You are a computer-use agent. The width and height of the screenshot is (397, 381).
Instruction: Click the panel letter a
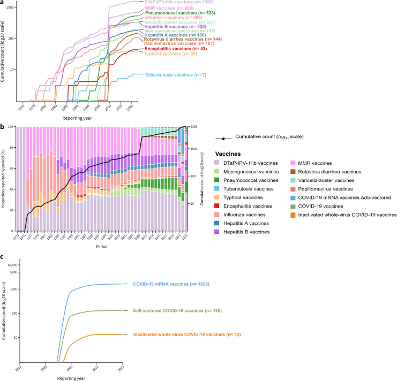(3, 3)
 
